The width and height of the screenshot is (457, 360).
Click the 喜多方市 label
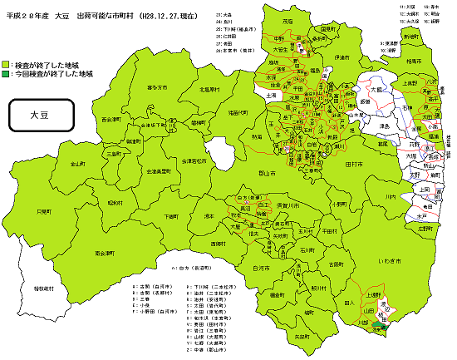coord(157,86)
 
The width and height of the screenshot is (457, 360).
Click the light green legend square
coord(6,65)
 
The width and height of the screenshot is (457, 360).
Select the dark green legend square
coord(6,74)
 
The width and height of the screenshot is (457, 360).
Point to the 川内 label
coord(390,197)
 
